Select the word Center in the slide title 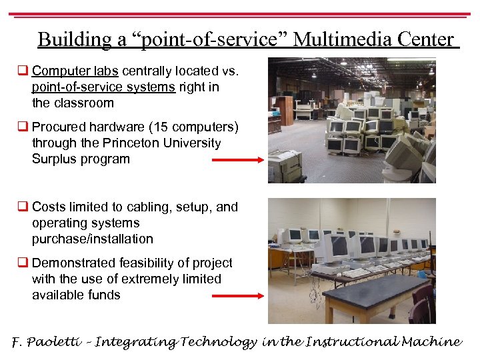pos(427,40)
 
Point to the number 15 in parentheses pos(155,127)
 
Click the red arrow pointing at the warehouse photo pos(237,160)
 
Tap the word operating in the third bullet pos(59,223)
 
